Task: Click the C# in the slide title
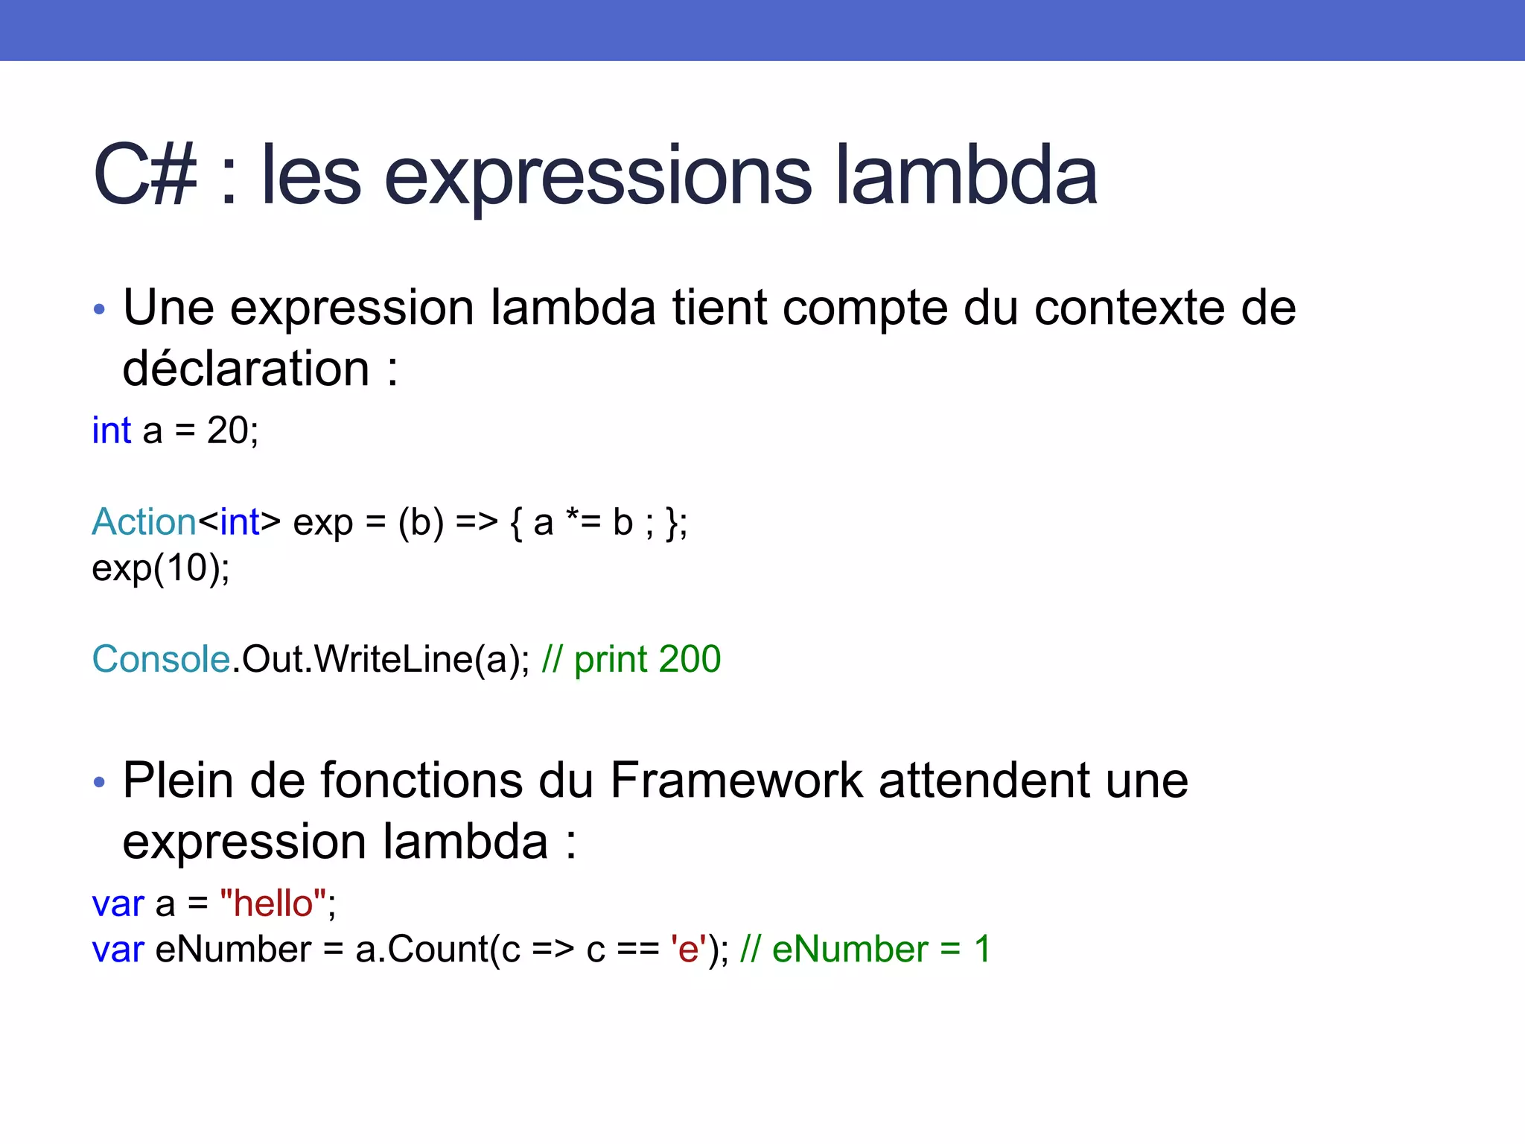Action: (x=145, y=176)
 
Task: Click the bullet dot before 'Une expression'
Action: (x=100, y=308)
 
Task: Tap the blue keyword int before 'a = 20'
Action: (x=111, y=430)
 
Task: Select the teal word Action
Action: (x=144, y=521)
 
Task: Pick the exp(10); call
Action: (x=161, y=569)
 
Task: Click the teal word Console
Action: (x=161, y=659)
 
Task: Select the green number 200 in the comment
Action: (x=690, y=659)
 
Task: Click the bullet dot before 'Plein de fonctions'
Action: (x=100, y=782)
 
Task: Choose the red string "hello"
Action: (x=273, y=903)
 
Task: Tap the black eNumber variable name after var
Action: (x=233, y=950)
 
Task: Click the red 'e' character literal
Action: (x=689, y=950)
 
